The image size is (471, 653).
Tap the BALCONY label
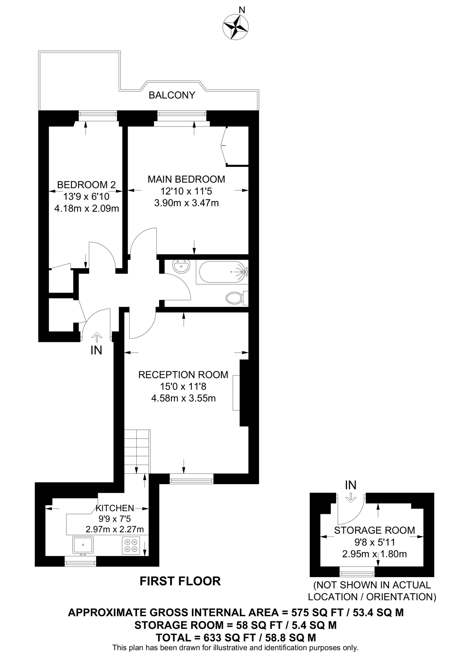(x=172, y=95)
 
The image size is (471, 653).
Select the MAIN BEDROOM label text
(x=186, y=179)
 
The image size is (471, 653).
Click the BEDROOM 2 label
(x=86, y=185)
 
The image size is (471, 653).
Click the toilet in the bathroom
(x=235, y=298)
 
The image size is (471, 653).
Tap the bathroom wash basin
(x=181, y=266)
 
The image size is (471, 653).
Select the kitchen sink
(x=83, y=545)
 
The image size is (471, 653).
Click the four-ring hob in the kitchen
(x=131, y=545)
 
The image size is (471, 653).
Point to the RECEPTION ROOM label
(x=183, y=375)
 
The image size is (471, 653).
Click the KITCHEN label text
(x=115, y=508)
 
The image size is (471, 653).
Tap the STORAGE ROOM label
(x=375, y=530)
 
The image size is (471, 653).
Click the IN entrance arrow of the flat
(x=96, y=336)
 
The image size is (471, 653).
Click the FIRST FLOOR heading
(x=180, y=581)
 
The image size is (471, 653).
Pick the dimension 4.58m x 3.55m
(x=183, y=398)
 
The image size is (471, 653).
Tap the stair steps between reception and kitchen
(x=137, y=451)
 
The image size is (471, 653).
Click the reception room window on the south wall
(x=191, y=479)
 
